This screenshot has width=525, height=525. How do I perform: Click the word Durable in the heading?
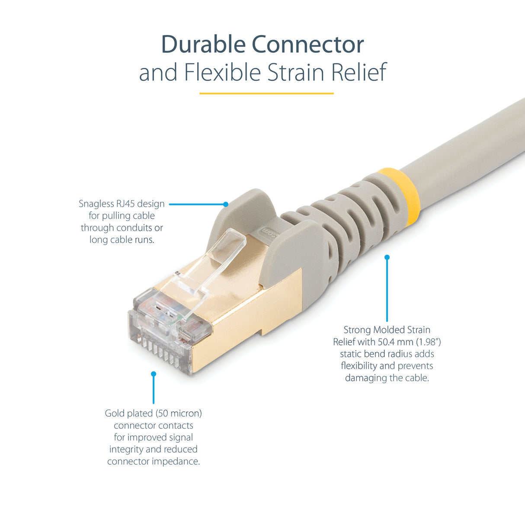(x=204, y=45)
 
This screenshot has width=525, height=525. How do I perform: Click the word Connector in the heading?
(x=307, y=45)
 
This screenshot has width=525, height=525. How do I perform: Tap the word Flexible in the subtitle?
(x=222, y=72)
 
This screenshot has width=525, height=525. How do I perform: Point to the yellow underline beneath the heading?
(x=266, y=93)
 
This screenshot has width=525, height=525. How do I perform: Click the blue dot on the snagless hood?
(x=226, y=204)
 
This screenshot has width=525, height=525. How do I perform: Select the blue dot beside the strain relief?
(x=387, y=257)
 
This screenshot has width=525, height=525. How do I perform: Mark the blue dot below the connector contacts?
(x=154, y=374)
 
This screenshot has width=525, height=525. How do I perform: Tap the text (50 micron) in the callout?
(x=179, y=413)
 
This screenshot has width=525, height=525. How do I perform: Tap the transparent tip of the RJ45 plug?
(x=160, y=333)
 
